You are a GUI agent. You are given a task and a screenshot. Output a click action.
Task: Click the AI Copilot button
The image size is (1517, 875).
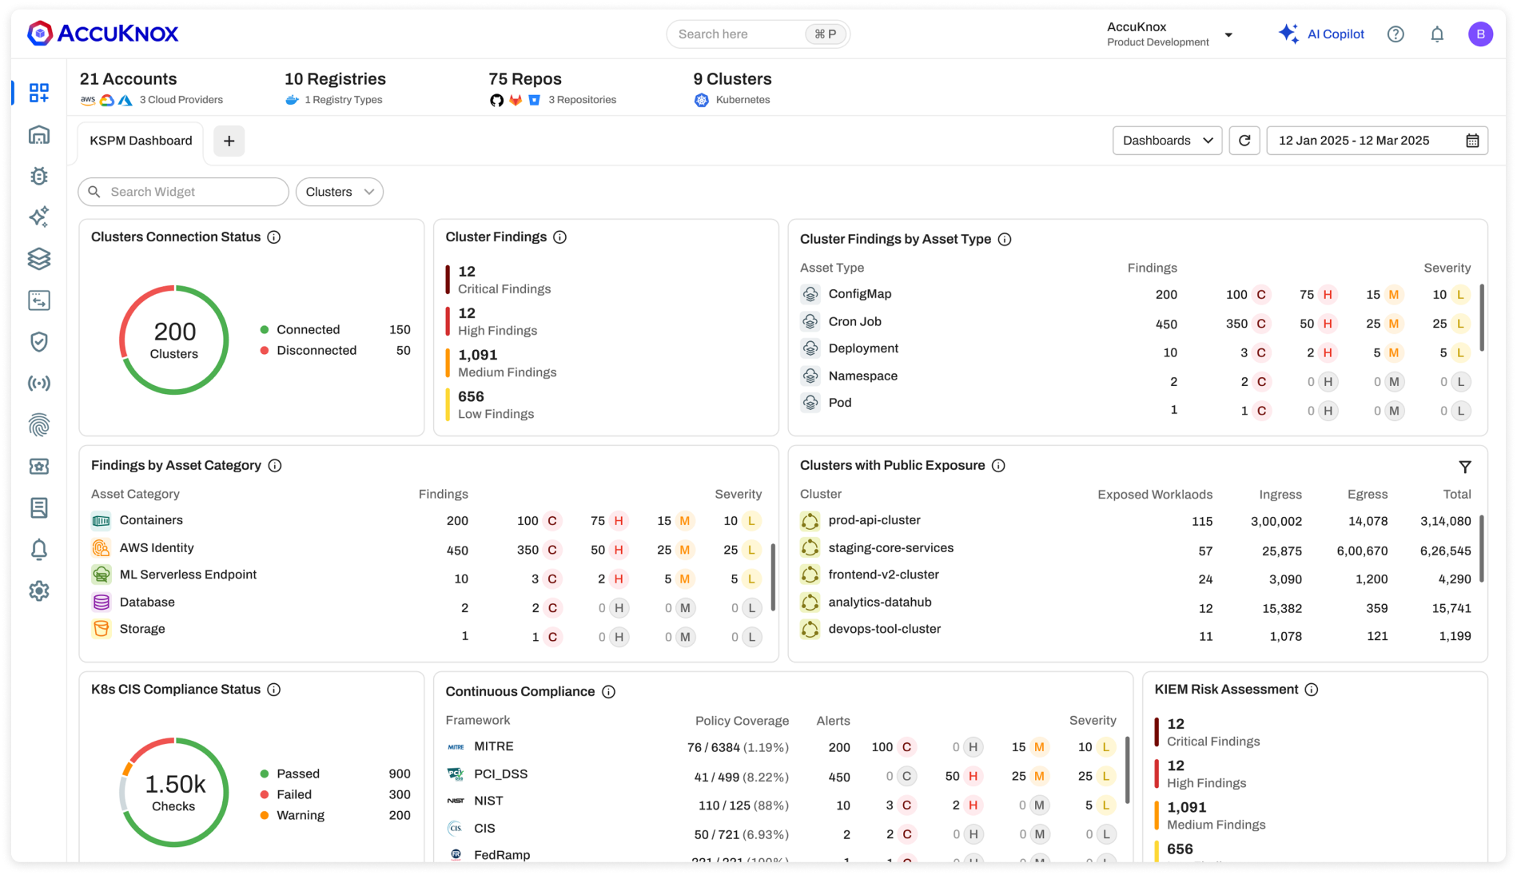pyautogui.click(x=1322, y=34)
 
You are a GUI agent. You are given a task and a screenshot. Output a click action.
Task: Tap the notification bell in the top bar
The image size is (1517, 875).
pyautogui.click(x=1437, y=34)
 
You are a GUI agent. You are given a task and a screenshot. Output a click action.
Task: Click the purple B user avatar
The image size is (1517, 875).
pyautogui.click(x=1480, y=34)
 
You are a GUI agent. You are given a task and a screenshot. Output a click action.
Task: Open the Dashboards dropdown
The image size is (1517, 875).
pyautogui.click(x=1167, y=141)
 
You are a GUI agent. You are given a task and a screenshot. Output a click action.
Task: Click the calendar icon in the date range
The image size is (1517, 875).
pyautogui.click(x=1472, y=141)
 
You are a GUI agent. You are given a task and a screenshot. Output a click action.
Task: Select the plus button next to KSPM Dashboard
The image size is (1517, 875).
pyautogui.click(x=229, y=141)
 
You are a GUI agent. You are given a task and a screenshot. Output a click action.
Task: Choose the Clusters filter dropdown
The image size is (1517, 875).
pyautogui.click(x=340, y=192)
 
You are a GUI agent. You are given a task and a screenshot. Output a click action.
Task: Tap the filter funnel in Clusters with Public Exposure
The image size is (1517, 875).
pyautogui.click(x=1465, y=467)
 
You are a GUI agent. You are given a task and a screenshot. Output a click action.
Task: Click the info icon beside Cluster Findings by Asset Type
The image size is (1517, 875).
pyautogui.click(x=1005, y=240)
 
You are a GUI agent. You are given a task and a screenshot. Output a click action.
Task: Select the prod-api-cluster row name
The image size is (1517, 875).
pyautogui.click(x=874, y=520)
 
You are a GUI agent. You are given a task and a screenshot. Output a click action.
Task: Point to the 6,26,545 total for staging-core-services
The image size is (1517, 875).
pyautogui.click(x=1445, y=551)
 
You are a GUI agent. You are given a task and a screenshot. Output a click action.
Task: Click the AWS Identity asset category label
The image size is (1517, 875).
pyautogui.click(x=157, y=548)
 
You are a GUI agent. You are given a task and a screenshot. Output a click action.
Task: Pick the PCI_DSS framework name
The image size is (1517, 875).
pyautogui.click(x=500, y=774)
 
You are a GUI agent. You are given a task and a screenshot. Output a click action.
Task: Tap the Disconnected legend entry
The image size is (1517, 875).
pyautogui.click(x=317, y=351)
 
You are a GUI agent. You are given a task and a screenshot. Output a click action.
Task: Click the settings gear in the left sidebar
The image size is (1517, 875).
pyautogui.click(x=39, y=591)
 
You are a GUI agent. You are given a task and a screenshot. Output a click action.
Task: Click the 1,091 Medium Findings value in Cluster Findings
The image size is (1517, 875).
pyautogui.click(x=478, y=355)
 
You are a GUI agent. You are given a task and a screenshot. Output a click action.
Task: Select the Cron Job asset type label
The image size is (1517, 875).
pyautogui.click(x=854, y=322)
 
